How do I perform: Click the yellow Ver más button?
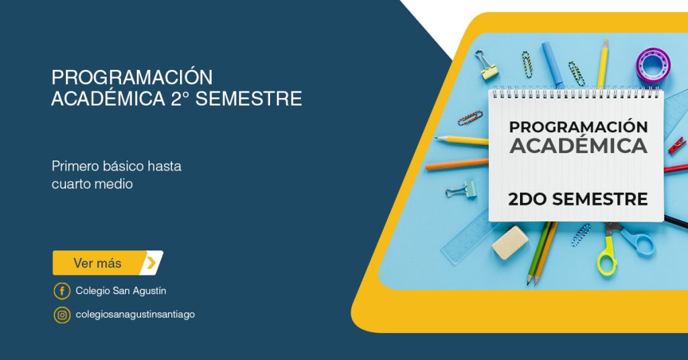108,263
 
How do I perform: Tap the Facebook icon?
62,291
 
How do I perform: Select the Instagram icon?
62,315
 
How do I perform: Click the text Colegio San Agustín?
121,291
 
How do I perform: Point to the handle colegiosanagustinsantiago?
135,315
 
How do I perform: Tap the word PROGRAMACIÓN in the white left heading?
132,78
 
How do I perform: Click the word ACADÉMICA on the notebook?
578,146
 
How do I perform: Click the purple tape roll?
653,65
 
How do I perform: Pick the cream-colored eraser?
511,242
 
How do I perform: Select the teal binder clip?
462,189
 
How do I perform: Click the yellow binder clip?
486,64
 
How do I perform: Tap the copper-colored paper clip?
470,118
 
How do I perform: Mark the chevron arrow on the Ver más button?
151,263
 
